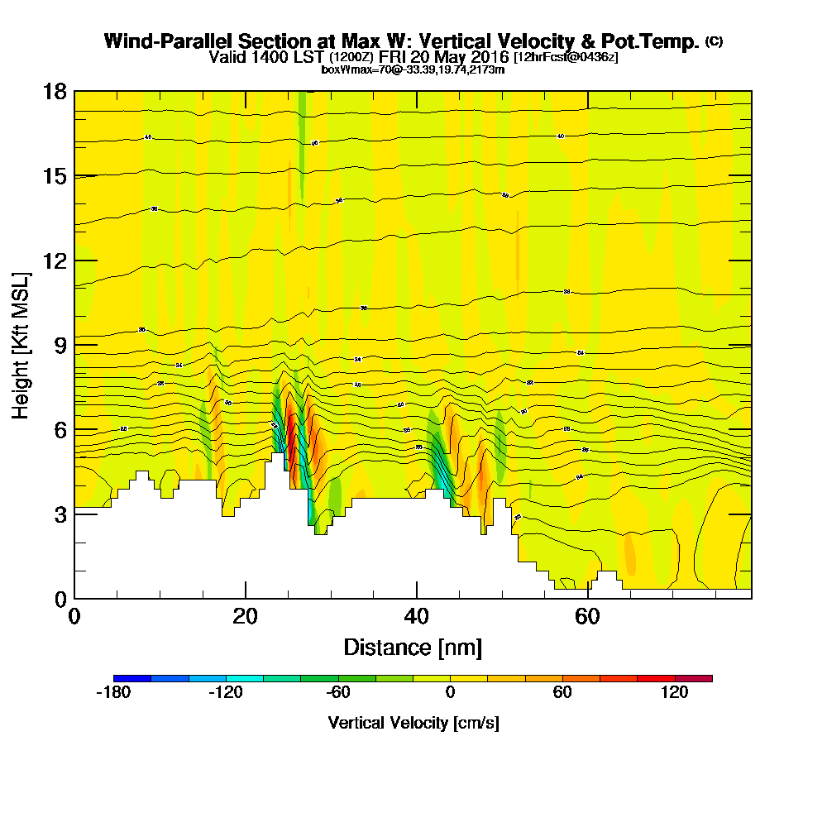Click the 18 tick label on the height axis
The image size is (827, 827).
tap(54, 91)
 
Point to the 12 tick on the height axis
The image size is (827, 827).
tap(74, 260)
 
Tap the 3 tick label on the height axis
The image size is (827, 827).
tap(59, 514)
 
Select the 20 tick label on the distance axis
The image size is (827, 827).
tap(245, 616)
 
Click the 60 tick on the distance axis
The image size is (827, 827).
tap(587, 598)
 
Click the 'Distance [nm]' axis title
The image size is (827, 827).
tap(413, 647)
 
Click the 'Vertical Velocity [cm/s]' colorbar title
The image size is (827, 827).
tap(413, 723)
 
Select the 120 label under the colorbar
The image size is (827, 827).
tap(675, 693)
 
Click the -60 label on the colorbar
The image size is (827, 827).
tap(337, 693)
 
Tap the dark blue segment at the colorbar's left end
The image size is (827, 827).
tap(132, 678)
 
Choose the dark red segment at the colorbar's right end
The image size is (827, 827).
tap(693, 678)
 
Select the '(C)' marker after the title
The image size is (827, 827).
tap(714, 41)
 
